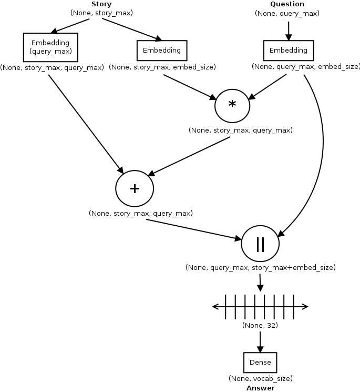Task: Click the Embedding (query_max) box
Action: coord(50,47)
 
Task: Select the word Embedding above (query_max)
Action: coord(50,43)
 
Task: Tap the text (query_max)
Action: coord(50,52)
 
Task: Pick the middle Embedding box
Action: coord(162,51)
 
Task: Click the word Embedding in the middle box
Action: coord(162,51)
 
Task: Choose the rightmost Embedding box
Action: coord(289,51)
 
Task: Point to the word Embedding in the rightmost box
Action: coord(289,51)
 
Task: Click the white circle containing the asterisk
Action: coord(232,106)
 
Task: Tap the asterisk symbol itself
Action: coord(232,105)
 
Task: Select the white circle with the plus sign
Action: coord(135,188)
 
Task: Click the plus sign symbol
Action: coord(135,188)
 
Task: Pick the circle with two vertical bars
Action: coord(260,244)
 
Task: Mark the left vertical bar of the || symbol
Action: coord(258,244)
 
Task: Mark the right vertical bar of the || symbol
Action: coord(263,244)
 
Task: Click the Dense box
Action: coord(260,363)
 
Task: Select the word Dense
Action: coord(260,363)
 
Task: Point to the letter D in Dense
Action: coord(252,363)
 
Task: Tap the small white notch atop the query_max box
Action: coord(54,34)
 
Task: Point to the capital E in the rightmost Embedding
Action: coord(272,51)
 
